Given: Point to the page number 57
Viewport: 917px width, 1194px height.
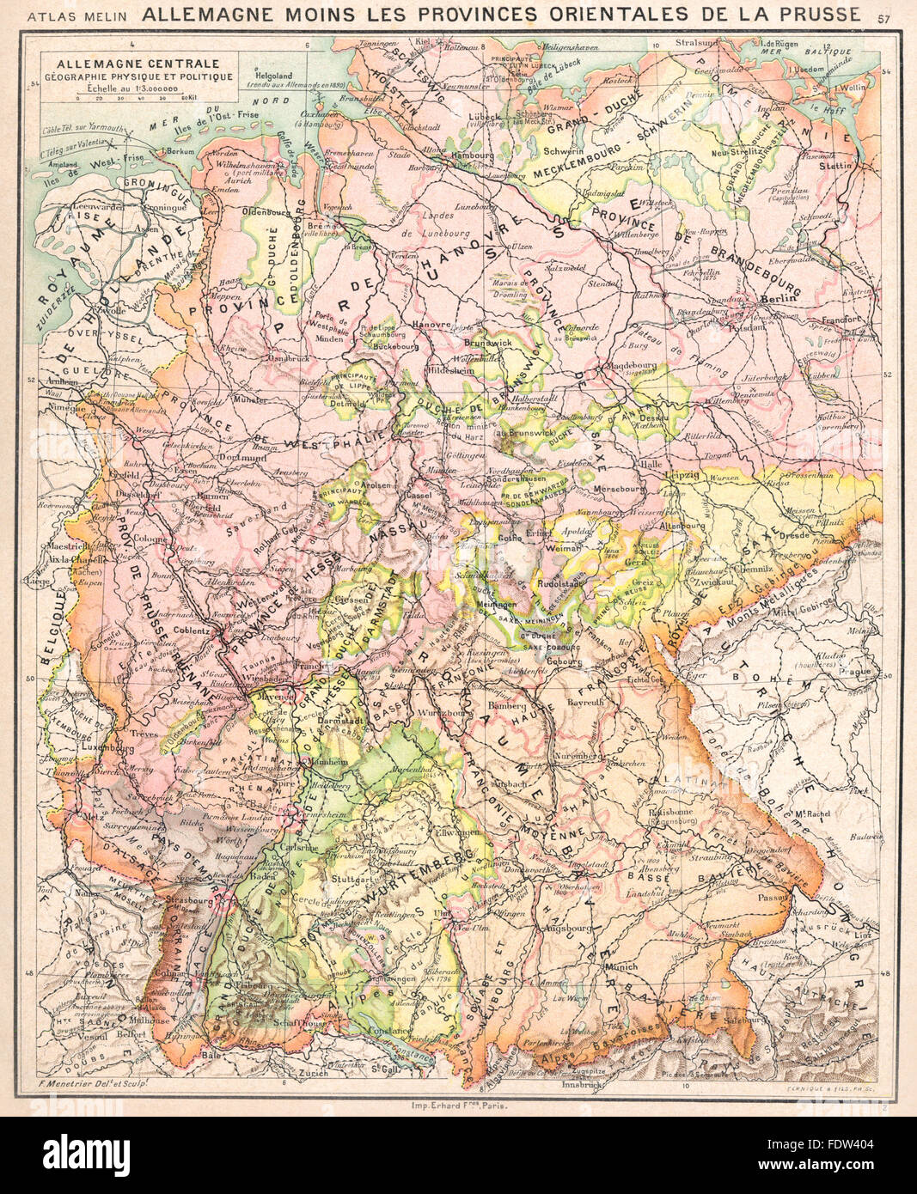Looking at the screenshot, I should click(884, 16).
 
